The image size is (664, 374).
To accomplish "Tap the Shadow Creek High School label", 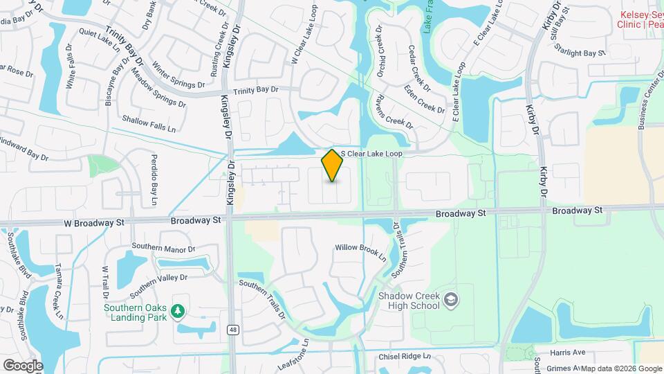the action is [409, 300].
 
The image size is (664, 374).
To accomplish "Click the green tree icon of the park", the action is [178, 313].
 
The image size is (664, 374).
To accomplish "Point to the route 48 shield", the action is [233, 330].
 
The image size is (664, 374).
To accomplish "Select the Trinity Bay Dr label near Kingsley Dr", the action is [255, 90].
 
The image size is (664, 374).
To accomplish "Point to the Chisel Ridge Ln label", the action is [405, 357].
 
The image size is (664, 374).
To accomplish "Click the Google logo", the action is [22, 365].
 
